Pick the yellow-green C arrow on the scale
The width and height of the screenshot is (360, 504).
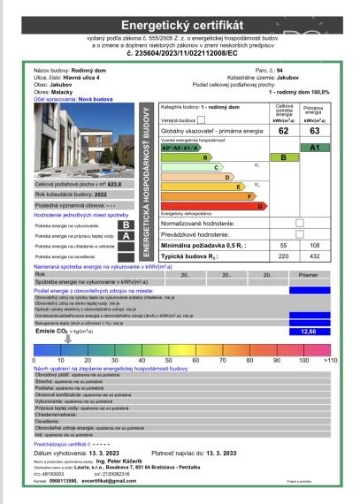pos(189,165)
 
